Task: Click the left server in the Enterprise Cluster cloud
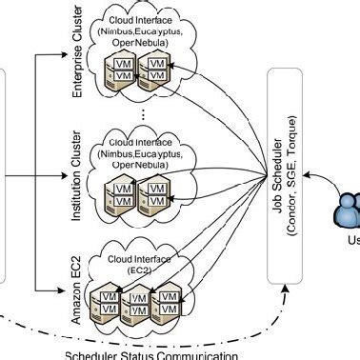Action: pyautogui.click(x=122, y=68)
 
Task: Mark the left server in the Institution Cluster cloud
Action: pyautogui.click(x=122, y=196)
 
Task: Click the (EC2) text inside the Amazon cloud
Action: pyautogui.click(x=144, y=270)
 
